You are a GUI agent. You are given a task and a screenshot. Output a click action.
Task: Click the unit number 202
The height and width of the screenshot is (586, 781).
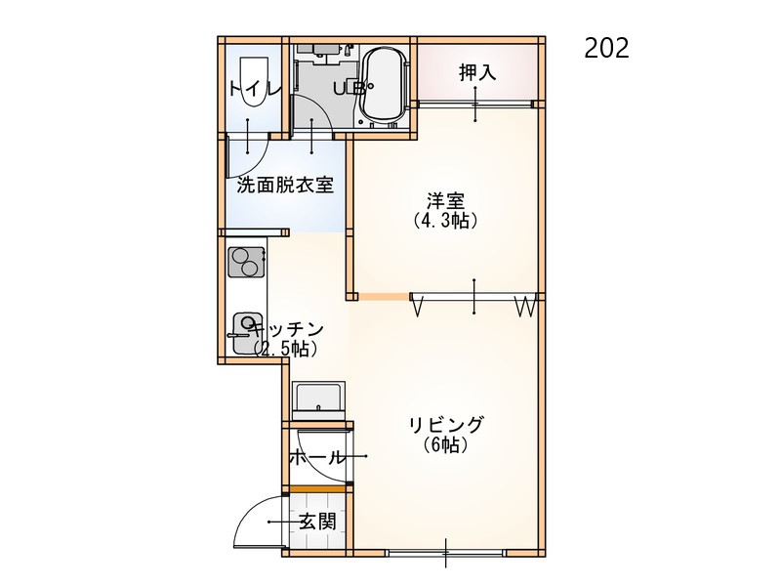tap(606, 48)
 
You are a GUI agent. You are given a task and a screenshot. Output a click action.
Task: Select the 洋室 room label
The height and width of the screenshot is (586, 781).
tap(445, 201)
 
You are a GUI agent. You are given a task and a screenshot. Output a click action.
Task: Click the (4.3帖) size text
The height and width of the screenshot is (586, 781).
tap(445, 221)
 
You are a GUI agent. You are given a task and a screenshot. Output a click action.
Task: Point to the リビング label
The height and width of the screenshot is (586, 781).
tap(446, 425)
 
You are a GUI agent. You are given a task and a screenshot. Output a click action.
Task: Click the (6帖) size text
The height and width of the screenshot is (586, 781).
tap(446, 444)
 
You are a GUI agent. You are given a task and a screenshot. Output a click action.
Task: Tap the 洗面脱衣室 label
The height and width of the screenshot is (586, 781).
tap(285, 186)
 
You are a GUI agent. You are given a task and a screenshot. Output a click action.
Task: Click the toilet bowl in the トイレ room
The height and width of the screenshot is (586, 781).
tap(254, 81)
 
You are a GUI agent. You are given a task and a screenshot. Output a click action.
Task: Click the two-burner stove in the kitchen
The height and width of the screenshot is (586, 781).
tap(246, 262)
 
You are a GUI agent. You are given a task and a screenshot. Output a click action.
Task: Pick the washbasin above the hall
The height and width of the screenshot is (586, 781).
tap(319, 398)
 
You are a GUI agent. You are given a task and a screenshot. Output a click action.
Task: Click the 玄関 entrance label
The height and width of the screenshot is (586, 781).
tap(318, 522)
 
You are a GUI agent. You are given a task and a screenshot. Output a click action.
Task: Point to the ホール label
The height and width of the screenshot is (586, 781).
tap(316, 456)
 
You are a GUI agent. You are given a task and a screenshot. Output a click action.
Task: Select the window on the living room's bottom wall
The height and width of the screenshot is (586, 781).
tap(446, 553)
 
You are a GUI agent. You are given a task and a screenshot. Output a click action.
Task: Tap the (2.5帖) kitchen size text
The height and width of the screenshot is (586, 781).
tap(285, 350)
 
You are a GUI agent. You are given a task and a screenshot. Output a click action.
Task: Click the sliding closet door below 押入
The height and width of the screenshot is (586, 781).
tap(475, 105)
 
